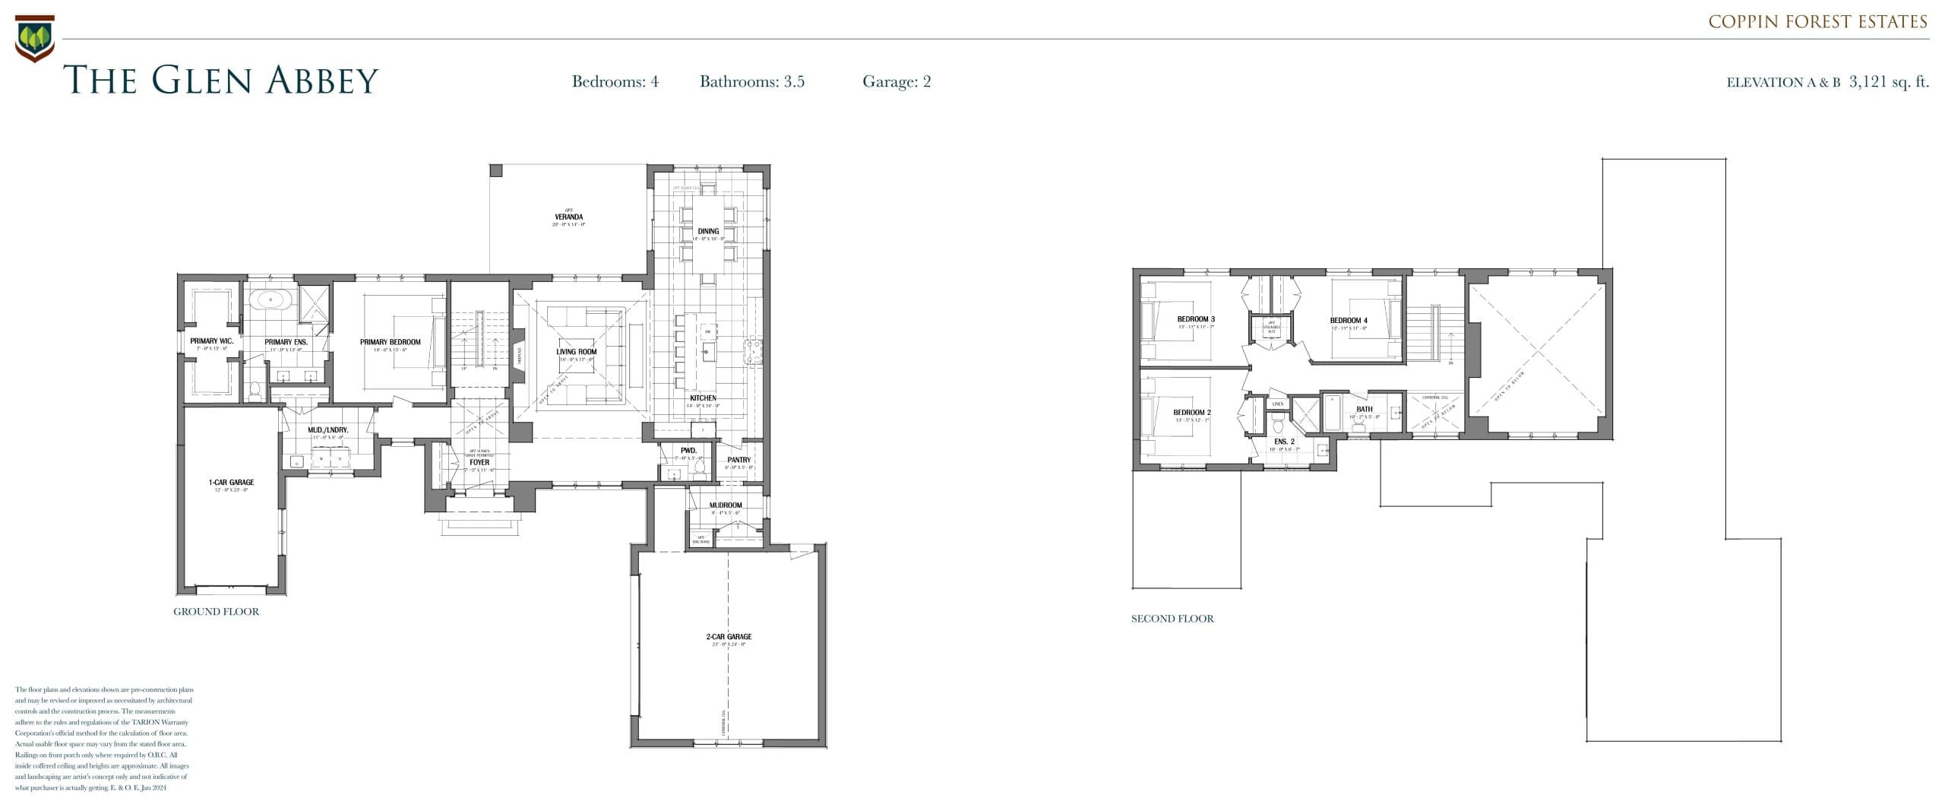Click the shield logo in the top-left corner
[x=34, y=37]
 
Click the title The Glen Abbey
[x=220, y=80]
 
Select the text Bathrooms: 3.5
[x=751, y=81]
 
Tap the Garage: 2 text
[x=896, y=81]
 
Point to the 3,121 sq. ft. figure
[x=1889, y=81]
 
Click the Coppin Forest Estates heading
[x=1817, y=22]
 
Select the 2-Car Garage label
[x=728, y=637]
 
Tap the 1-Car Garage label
[x=231, y=483]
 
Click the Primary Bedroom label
[x=390, y=342]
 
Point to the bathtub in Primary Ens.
[x=270, y=300]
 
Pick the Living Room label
[x=576, y=352]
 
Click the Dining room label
[x=708, y=231]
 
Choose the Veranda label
[x=568, y=217]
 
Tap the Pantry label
[x=738, y=460]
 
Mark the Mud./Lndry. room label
[x=327, y=430]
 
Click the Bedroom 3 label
[x=1196, y=319]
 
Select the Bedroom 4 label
[x=1348, y=321]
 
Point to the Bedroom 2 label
[x=1191, y=413]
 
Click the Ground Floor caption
[x=216, y=612]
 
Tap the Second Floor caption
[x=1172, y=619]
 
